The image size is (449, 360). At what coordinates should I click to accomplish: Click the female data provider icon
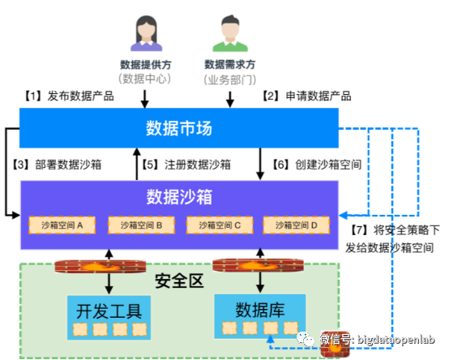(147, 33)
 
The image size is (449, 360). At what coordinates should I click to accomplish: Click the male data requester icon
(230, 33)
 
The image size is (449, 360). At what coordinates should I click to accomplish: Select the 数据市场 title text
(179, 128)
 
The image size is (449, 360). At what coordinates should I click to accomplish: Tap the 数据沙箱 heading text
(179, 197)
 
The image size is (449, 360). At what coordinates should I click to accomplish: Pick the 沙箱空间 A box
(62, 225)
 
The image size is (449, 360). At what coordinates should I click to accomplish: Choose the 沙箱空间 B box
(141, 225)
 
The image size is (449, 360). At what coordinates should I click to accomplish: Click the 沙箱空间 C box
(220, 225)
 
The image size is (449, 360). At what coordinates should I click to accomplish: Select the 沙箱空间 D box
(297, 225)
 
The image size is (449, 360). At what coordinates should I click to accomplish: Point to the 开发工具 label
(109, 311)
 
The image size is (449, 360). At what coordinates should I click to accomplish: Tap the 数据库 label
(260, 310)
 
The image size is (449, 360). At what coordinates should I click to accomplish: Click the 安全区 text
(179, 281)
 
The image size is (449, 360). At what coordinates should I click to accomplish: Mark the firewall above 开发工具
(100, 267)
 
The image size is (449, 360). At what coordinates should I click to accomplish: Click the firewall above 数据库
(258, 265)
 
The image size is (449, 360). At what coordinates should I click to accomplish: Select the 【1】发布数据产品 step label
(68, 96)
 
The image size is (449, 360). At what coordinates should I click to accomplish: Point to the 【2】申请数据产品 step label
(306, 96)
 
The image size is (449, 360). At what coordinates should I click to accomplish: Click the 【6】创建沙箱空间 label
(316, 165)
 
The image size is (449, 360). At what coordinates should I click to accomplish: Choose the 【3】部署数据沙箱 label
(56, 165)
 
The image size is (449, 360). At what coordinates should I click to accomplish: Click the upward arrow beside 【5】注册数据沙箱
(137, 164)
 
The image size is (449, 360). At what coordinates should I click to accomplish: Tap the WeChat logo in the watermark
(306, 339)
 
